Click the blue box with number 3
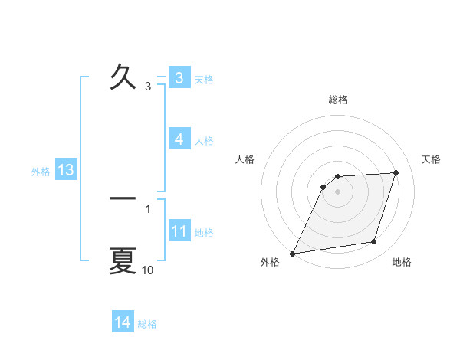click(179, 78)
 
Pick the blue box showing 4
click(179, 139)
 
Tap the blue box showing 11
click(179, 231)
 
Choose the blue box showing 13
click(65, 170)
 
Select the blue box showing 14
click(123, 323)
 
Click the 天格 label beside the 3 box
click(204, 80)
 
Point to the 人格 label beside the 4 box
click(204, 141)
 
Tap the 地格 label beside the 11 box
click(204, 233)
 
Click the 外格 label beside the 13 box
click(41, 172)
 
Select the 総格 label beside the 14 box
click(147, 324)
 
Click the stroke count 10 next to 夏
click(148, 270)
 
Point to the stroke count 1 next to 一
click(148, 208)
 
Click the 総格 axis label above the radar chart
click(338, 100)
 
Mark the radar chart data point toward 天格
click(396, 173)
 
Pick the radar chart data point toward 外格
click(293, 254)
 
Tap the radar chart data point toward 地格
click(374, 242)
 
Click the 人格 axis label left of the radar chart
click(245, 159)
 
